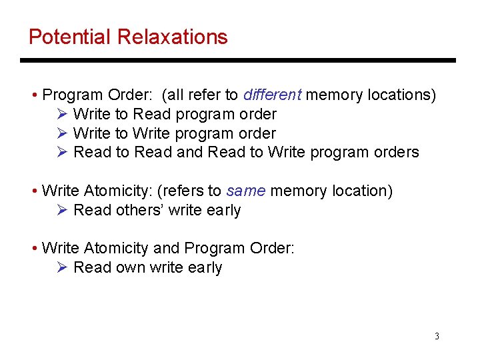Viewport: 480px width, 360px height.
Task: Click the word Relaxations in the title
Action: (x=173, y=37)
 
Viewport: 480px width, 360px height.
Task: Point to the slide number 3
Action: (x=437, y=336)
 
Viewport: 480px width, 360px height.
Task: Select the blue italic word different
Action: (x=273, y=95)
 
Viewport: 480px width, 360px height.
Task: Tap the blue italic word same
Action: (x=246, y=191)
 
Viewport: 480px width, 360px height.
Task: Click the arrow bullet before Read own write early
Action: (x=62, y=267)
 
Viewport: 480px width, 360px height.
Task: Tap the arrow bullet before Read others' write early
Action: (x=62, y=210)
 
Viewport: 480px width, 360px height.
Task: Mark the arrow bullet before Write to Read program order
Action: (x=62, y=114)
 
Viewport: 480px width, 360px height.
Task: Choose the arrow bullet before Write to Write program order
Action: (x=62, y=133)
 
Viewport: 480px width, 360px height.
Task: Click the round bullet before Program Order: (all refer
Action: (x=34, y=95)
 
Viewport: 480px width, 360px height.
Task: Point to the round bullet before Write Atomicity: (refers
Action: (x=34, y=191)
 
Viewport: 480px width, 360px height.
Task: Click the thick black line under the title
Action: (x=237, y=61)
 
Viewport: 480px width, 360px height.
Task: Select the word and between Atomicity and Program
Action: (x=166, y=248)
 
